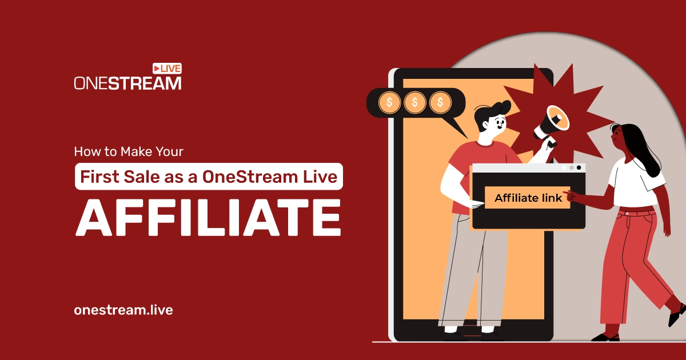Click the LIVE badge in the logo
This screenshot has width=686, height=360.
167,69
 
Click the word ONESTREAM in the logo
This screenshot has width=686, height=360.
127,83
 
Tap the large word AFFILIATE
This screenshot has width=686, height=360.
208,217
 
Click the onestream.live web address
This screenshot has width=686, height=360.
123,310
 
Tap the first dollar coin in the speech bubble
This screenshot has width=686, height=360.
389,103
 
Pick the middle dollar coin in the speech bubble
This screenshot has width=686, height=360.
414,103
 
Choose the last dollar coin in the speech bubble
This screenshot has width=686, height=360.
440,103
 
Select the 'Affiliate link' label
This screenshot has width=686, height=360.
528,198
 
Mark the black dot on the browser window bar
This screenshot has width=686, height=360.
579,168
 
